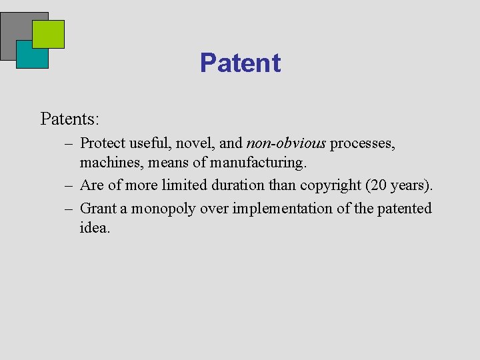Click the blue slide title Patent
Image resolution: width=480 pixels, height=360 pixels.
(240, 63)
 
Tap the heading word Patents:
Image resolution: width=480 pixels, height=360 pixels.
(70, 119)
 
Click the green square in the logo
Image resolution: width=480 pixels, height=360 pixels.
(48, 34)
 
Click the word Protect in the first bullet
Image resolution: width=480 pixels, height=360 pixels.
(103, 143)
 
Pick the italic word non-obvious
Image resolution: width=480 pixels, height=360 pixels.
(286, 143)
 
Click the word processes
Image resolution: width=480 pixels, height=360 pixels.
(363, 143)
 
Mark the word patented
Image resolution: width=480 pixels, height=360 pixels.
(405, 209)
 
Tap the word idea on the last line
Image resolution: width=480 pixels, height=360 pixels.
(94, 227)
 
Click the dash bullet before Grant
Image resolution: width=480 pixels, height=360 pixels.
(69, 209)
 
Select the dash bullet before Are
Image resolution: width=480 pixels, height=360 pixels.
(69, 185)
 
